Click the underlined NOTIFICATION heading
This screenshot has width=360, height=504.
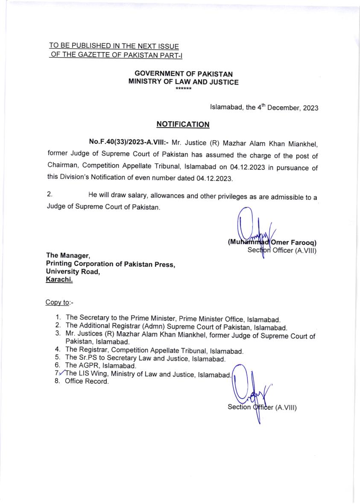click(183, 125)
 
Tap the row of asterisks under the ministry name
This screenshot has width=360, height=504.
click(184, 89)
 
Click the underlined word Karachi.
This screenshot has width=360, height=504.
click(59, 280)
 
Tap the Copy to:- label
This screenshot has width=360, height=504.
click(59, 303)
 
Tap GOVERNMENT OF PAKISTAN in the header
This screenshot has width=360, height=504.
click(184, 74)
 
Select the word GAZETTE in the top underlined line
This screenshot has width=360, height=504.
click(97, 54)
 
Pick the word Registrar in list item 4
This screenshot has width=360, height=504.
click(94, 351)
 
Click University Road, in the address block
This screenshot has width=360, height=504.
click(73, 272)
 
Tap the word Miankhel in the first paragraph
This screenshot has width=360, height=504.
click(301, 141)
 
